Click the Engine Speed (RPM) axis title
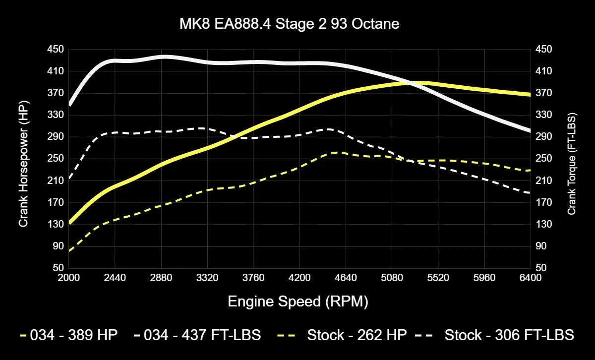[x=297, y=301]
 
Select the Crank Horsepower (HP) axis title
[x=23, y=158]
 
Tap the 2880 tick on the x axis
[x=161, y=278]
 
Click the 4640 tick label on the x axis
[x=346, y=278]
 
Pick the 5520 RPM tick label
[x=438, y=278]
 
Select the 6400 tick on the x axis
[x=530, y=278]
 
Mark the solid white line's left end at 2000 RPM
[x=69, y=105]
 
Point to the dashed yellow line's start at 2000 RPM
[x=69, y=250]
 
